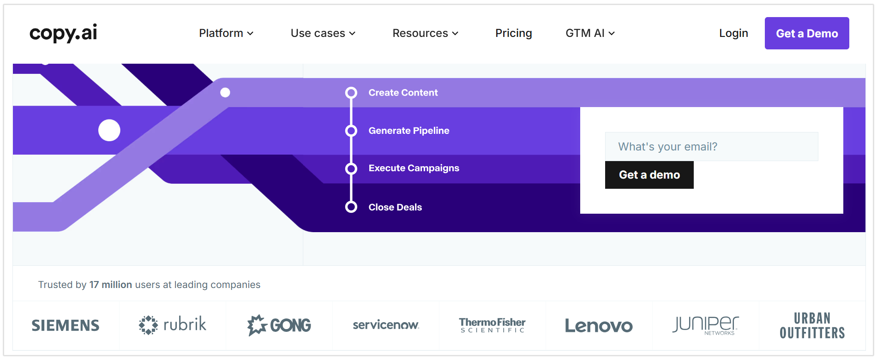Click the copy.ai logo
tap(63, 33)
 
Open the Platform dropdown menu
tap(226, 33)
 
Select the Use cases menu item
tap(323, 33)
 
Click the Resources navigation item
tap(425, 33)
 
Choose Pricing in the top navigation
tap(513, 33)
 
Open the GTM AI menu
tap(590, 33)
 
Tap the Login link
tap(733, 33)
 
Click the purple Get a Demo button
tap(806, 33)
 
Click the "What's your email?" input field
tap(711, 147)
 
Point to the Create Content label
tap(403, 93)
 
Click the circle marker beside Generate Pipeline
tap(351, 131)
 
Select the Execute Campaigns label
tap(414, 168)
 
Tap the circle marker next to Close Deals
tap(351, 207)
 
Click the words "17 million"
tap(111, 285)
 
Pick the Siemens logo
tap(66, 325)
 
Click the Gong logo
tap(279, 325)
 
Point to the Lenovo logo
tap(599, 326)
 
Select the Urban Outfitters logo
tap(812, 325)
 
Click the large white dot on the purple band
tap(109, 131)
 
